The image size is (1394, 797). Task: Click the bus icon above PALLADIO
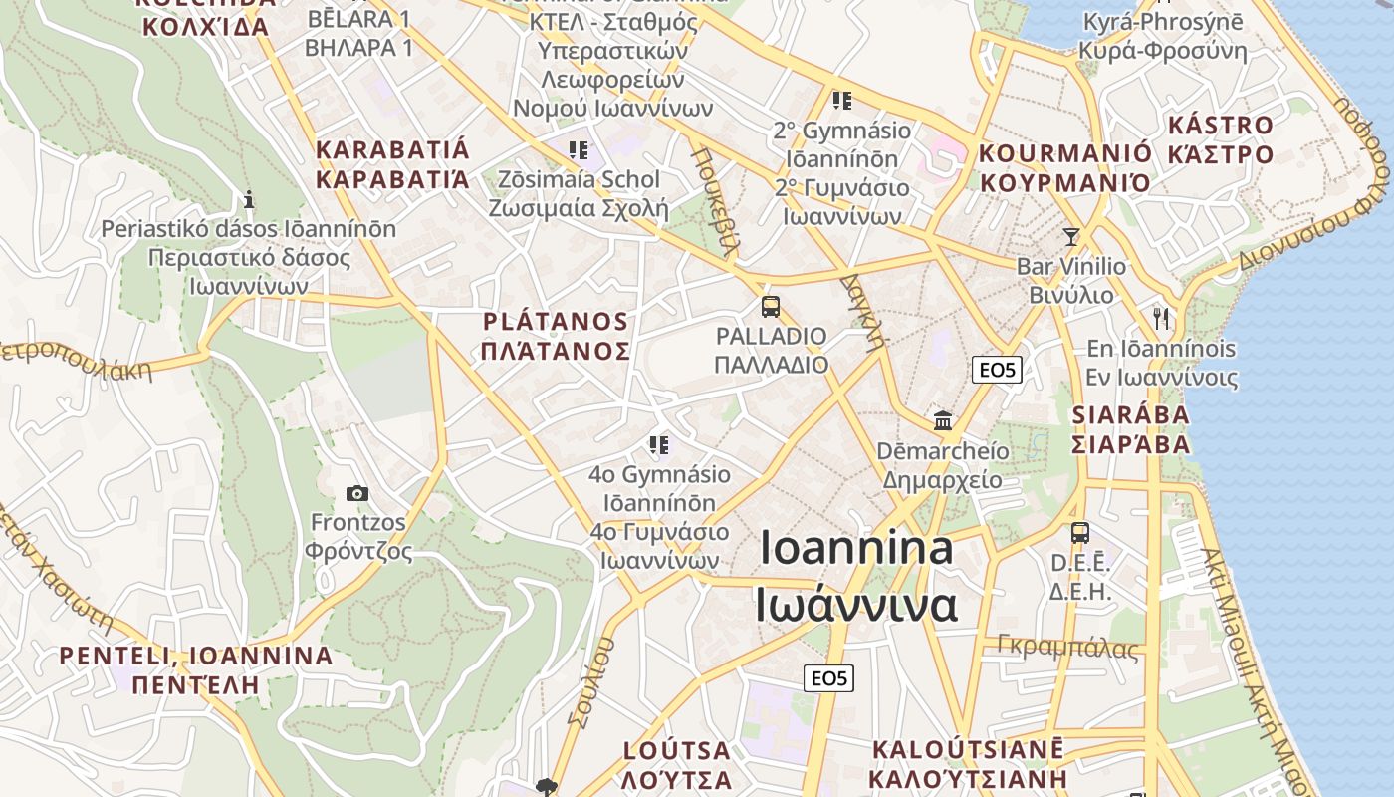[770, 306]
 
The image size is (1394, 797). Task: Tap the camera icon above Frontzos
[356, 493]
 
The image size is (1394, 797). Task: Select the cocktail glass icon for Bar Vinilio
[1070, 236]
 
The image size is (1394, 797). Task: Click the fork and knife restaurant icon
[1160, 319]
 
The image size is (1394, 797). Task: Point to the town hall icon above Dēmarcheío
[942, 420]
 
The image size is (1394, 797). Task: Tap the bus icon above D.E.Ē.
[1080, 533]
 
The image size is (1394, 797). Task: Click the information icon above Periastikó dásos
[249, 199]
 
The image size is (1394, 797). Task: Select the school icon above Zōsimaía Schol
[578, 150]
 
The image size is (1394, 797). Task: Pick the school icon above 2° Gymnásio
[842, 101]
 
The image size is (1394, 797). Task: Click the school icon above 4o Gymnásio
[659, 444]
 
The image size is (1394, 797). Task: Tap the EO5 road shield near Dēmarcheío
[997, 371]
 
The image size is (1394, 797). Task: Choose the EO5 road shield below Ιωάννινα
[828, 678]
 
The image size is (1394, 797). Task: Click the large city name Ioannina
[855, 549]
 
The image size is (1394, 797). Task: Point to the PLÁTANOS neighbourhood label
[555, 322]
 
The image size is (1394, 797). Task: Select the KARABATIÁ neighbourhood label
[391, 151]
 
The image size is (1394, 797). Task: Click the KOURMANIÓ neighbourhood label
[1065, 154]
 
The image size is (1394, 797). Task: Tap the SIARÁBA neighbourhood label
[1130, 415]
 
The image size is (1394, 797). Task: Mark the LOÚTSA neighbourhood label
[676, 751]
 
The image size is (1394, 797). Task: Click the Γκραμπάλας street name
[1067, 648]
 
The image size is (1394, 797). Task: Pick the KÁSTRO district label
[1220, 126]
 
